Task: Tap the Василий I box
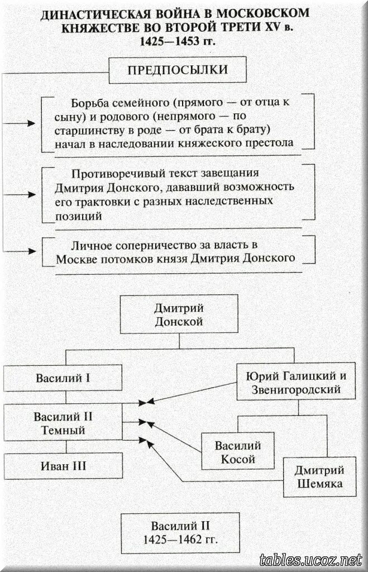(63, 378)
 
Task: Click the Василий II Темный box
(63, 423)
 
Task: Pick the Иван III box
(63, 465)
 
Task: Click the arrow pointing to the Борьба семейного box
(26, 123)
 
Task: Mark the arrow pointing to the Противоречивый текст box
(26, 194)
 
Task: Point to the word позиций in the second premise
(79, 215)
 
